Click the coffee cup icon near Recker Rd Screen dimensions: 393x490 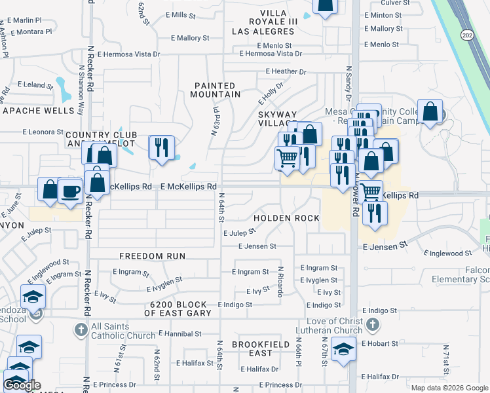[71, 190]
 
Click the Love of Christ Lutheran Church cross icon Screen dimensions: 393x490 [371, 325]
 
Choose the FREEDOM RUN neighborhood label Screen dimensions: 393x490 [152, 255]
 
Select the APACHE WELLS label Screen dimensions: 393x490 [39, 111]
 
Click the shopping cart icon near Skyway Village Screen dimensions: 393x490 [287, 159]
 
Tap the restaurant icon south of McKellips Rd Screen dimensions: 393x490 [375, 213]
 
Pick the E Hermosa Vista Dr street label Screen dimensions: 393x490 [271, 54]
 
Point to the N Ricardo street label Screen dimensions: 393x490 [280, 281]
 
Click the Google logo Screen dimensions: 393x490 [22, 385]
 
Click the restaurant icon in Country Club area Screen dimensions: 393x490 [161, 147]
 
